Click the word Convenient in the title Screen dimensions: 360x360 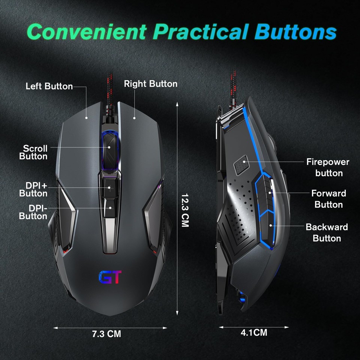coord(87,32)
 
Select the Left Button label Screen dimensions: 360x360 coord(49,86)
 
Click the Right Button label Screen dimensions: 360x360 coord(151,84)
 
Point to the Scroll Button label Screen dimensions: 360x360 coord(34,152)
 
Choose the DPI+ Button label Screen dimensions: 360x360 coord(34,189)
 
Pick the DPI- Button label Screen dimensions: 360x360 coord(33,212)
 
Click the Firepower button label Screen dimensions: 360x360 coord(327,167)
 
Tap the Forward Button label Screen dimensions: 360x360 coord(328,199)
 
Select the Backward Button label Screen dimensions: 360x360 coord(327,232)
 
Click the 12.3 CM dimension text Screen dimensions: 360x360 coord(185,210)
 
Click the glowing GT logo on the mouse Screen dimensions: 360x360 coord(110,277)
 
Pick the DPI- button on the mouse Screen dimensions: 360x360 coord(110,207)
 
